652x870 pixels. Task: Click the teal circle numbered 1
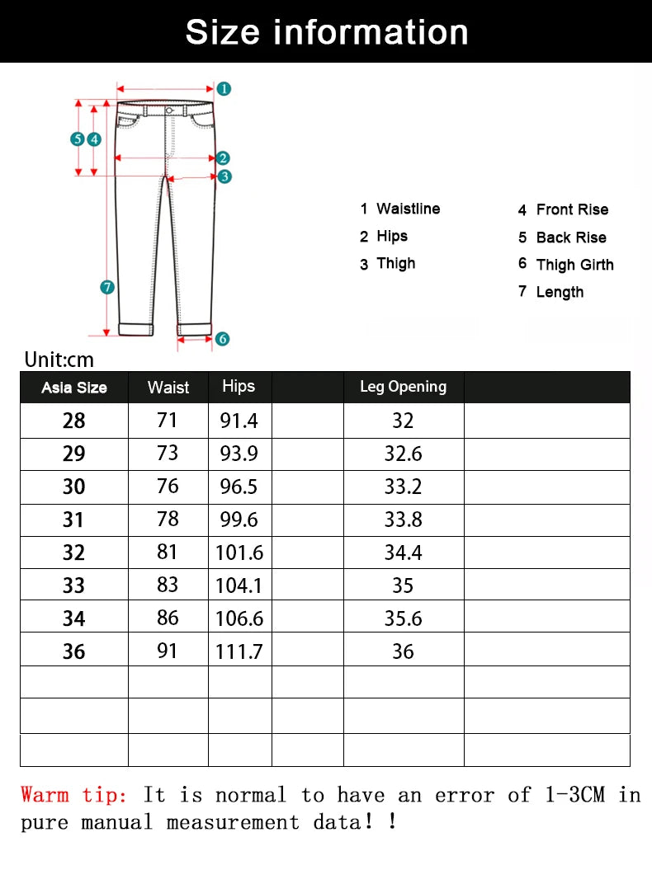click(224, 88)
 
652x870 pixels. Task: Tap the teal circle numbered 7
click(107, 287)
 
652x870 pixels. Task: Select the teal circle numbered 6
click(222, 338)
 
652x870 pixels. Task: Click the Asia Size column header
click(74, 388)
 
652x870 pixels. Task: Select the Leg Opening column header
click(403, 387)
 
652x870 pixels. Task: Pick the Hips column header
click(239, 386)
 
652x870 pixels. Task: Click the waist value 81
click(168, 552)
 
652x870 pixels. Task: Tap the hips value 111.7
click(239, 651)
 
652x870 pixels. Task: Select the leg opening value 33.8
click(403, 520)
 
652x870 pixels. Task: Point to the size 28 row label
click(73, 421)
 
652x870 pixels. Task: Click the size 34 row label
click(73, 618)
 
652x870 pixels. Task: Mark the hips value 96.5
click(239, 487)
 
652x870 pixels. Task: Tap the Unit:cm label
click(59, 360)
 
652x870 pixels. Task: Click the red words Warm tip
click(74, 795)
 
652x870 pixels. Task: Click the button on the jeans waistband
click(169, 110)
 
